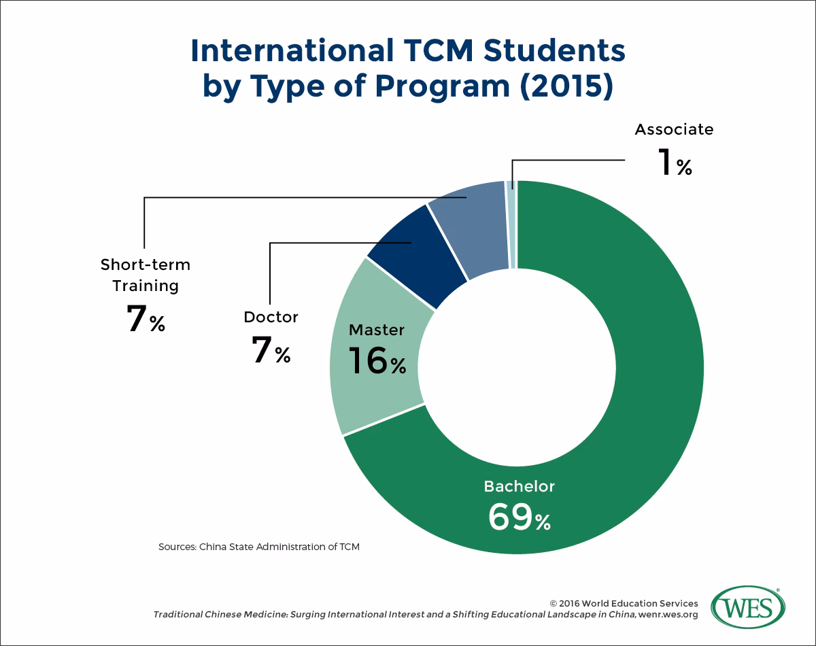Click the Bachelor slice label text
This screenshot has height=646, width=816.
(519, 486)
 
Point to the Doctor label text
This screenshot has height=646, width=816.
(271, 317)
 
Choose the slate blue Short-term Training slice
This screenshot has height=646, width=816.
(469, 228)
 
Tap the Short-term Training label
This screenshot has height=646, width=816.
(146, 275)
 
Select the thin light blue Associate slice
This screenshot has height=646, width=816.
(511, 224)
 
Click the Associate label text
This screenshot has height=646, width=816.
(674, 129)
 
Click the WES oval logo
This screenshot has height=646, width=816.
(747, 607)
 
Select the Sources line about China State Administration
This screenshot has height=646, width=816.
(259, 547)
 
